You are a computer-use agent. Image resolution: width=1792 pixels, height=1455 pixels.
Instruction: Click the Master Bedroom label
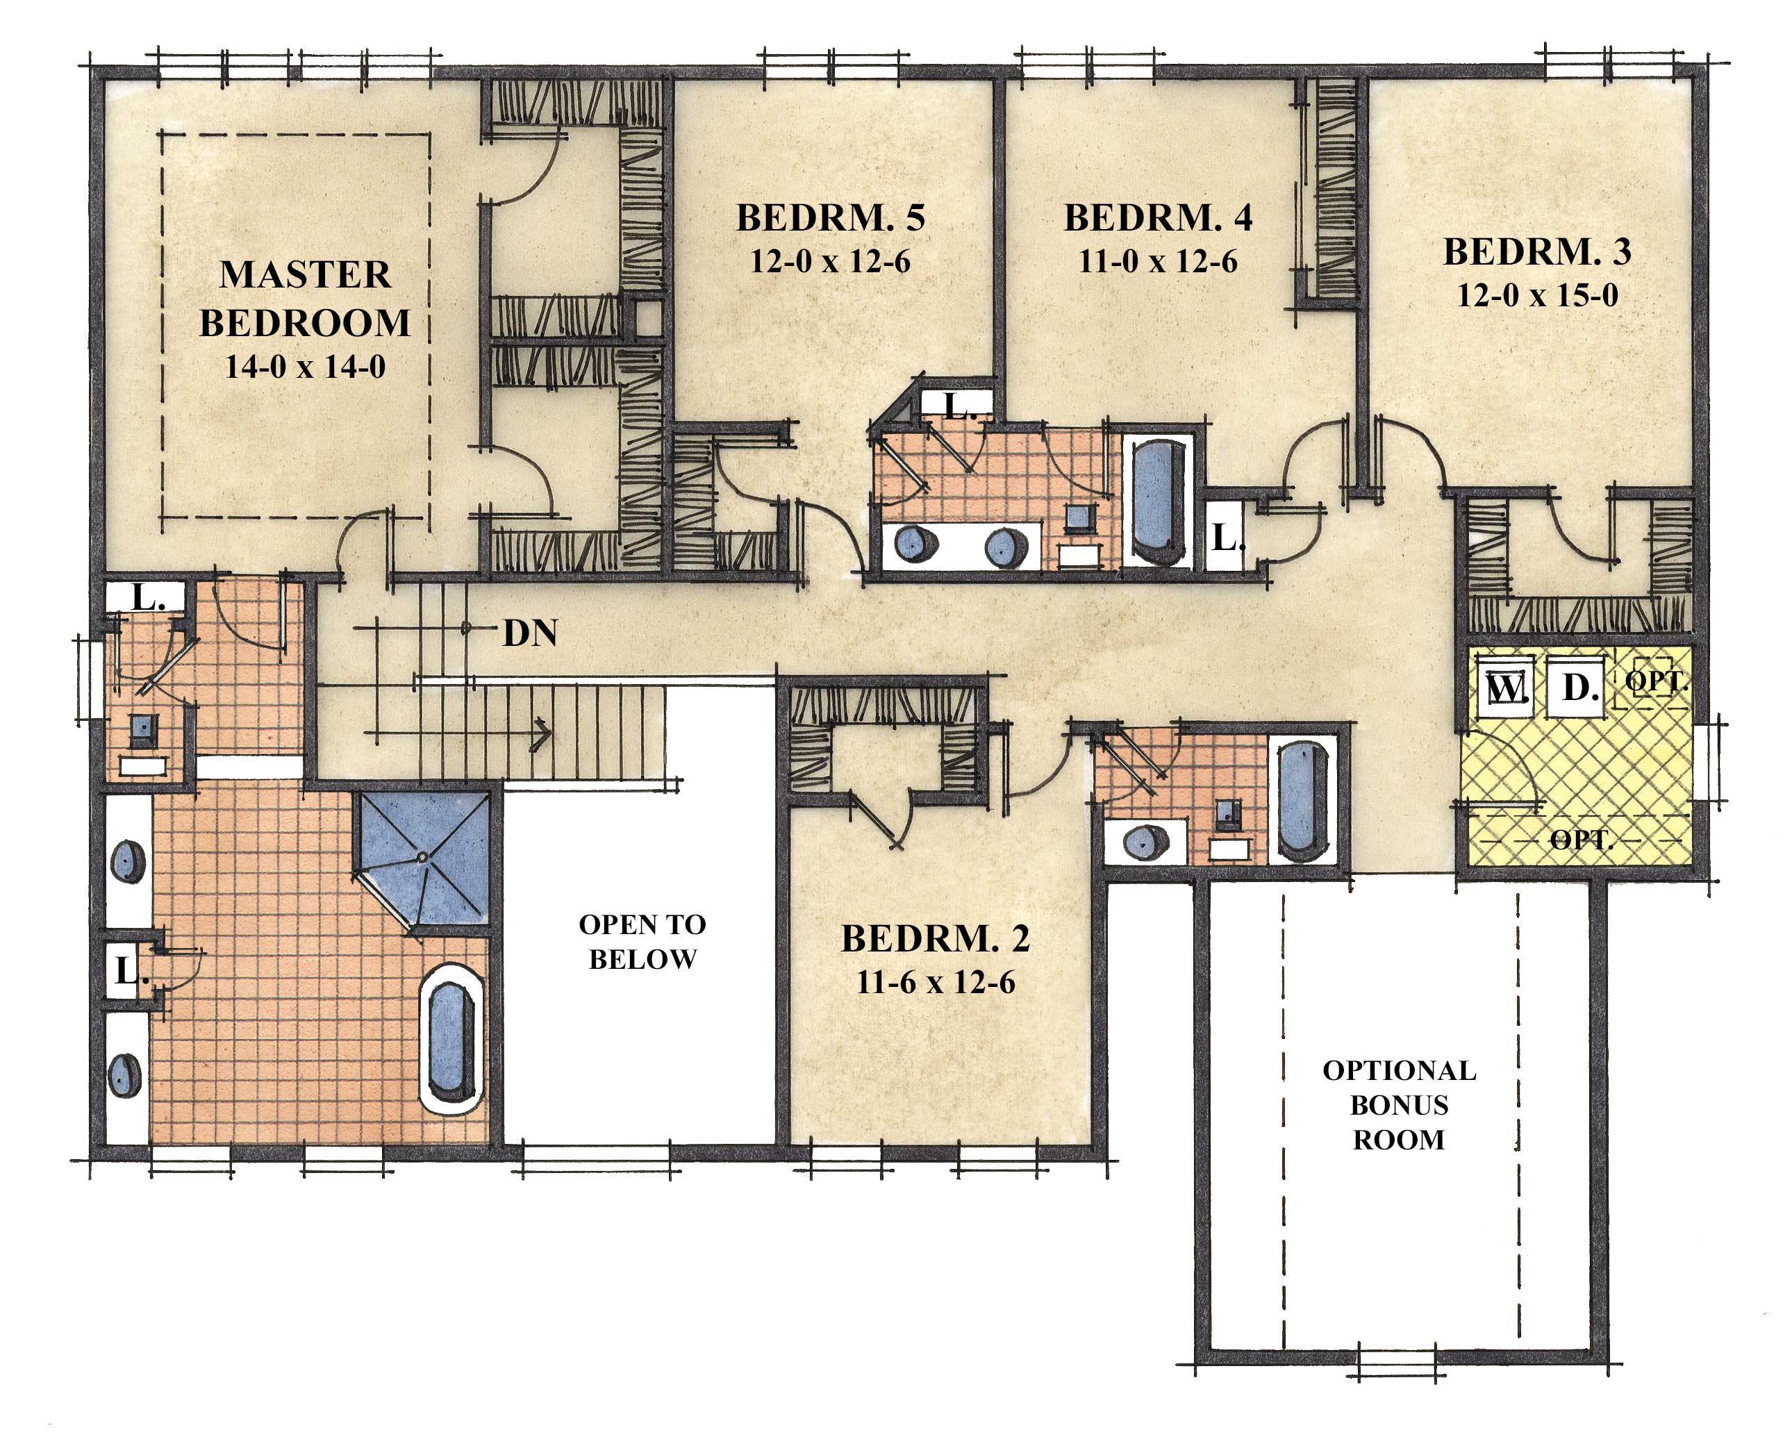(x=304, y=299)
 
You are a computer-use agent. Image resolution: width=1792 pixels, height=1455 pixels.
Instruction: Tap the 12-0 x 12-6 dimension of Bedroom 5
(x=830, y=262)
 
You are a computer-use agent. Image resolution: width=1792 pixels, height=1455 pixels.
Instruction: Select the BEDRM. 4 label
(x=1159, y=218)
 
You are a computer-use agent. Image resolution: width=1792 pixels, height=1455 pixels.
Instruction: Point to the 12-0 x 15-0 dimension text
(x=1537, y=295)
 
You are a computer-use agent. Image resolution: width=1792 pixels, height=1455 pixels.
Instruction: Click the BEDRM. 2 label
(x=936, y=939)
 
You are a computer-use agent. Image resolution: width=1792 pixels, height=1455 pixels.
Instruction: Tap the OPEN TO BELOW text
(x=642, y=941)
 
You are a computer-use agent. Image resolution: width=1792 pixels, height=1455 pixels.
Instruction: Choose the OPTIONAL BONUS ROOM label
(x=1399, y=1105)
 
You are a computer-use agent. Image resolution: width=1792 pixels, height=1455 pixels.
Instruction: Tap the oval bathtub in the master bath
(x=453, y=1039)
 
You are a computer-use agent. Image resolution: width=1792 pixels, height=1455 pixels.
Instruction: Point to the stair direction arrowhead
(x=543, y=735)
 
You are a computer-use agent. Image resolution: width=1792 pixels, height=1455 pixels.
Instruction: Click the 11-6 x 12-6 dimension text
(x=936, y=982)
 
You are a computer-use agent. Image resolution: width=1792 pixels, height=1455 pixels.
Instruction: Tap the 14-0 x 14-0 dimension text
(x=304, y=367)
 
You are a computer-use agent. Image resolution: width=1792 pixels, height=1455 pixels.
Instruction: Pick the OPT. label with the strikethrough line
(x=1582, y=839)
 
